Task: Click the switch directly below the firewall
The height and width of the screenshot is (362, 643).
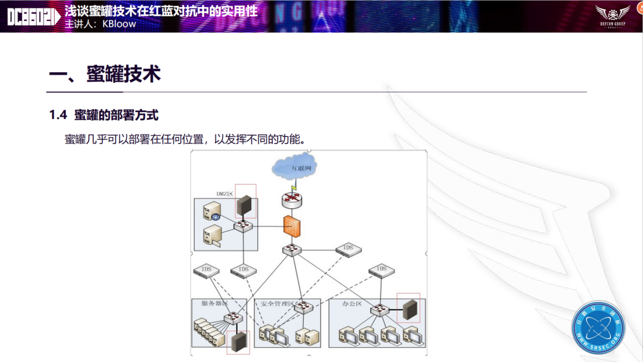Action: (x=292, y=249)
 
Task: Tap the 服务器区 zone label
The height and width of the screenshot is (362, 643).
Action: (x=215, y=304)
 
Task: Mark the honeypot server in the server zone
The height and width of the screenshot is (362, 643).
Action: (x=238, y=341)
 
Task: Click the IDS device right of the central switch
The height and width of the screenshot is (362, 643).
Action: (x=348, y=249)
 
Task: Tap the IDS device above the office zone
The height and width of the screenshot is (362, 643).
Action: (x=381, y=270)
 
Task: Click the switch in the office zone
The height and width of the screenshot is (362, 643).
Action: (x=379, y=310)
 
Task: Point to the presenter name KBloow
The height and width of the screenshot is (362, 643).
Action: (x=119, y=24)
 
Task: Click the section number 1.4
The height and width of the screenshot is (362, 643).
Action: (x=58, y=116)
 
